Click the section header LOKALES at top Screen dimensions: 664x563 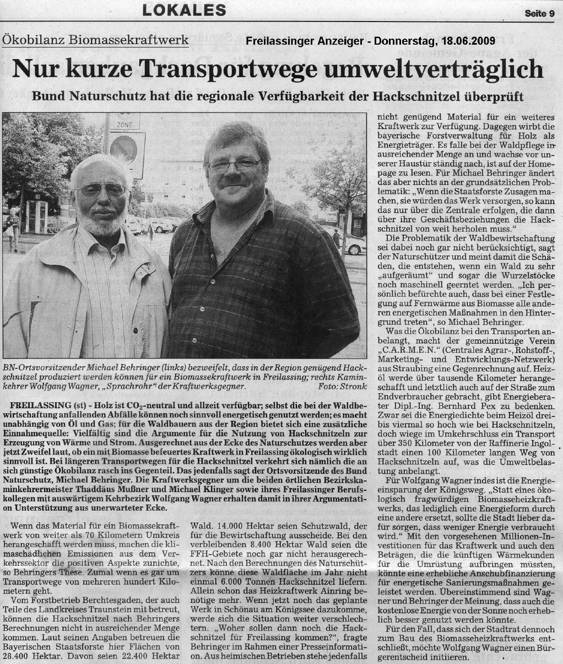(185, 10)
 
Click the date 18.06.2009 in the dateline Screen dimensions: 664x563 (468, 41)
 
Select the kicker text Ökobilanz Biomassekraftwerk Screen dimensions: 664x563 (95, 40)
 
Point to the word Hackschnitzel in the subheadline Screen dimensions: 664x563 (422, 95)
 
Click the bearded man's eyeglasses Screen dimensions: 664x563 (102, 190)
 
